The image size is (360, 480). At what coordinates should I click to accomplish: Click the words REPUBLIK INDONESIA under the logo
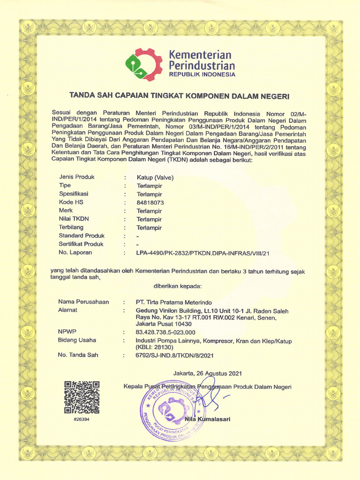coord(202,75)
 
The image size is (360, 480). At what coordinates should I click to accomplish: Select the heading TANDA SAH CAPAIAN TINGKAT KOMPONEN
coord(180,96)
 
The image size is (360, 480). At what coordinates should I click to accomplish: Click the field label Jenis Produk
coord(77,177)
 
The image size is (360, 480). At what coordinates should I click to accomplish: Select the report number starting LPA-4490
coord(203,253)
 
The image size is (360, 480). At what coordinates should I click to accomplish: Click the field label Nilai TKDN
coord(74,219)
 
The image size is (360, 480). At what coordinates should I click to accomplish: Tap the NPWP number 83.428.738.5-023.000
coord(165,332)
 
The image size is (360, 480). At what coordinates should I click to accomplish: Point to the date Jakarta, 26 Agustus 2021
coord(207,374)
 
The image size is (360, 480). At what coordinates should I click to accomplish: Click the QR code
coord(82,397)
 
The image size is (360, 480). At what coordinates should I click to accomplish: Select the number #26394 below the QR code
coord(82,419)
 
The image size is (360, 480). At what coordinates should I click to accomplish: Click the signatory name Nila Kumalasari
coord(208,419)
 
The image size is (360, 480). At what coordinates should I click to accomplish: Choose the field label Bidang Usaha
coord(77,340)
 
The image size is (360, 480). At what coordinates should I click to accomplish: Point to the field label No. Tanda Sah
coord(78,355)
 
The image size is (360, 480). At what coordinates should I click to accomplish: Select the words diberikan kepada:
coord(177,286)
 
